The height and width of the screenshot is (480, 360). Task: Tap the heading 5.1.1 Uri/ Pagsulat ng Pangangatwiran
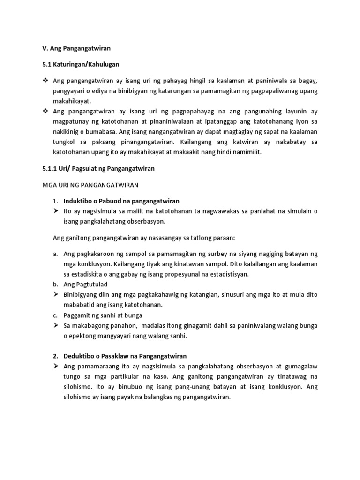coord(99,169)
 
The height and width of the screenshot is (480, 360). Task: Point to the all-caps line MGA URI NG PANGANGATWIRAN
coord(91,185)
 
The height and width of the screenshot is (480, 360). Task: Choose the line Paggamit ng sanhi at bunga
coord(103,315)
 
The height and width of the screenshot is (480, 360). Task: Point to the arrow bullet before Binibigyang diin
coord(56,295)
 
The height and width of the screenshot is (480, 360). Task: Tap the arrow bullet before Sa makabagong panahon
coord(56,325)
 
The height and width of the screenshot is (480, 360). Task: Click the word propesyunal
coord(173,274)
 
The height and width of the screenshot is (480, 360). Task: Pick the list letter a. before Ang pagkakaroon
coord(55,254)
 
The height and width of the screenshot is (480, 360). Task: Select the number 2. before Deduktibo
coord(55,356)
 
